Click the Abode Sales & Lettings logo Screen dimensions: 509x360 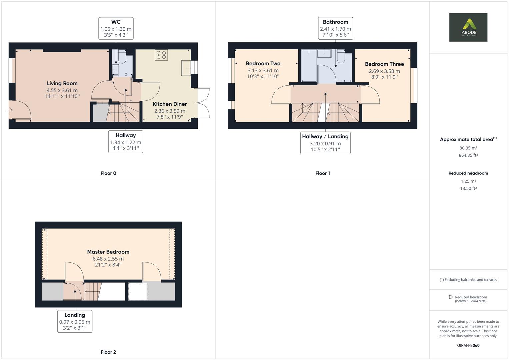(468, 27)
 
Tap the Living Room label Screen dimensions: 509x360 (62, 83)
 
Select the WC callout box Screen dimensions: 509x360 (116, 28)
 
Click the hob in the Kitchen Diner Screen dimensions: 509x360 (161, 55)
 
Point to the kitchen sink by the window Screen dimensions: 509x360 (186, 68)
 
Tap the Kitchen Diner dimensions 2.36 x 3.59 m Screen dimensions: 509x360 (170, 111)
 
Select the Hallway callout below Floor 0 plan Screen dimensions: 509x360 (126, 142)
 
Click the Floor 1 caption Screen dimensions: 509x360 (322, 173)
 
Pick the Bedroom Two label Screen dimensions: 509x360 (263, 63)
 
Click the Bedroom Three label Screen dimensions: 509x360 (384, 64)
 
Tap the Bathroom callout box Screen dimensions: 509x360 (336, 28)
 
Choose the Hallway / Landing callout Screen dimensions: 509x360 (325, 143)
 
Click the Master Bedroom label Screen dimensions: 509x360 (108, 252)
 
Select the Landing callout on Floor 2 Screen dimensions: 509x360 (75, 321)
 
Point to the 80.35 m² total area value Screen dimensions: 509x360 (468, 148)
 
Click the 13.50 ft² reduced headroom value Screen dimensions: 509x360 (468, 188)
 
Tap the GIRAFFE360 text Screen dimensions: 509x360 (468, 345)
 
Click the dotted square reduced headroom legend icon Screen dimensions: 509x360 (451, 297)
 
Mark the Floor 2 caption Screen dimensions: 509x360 (108, 352)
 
